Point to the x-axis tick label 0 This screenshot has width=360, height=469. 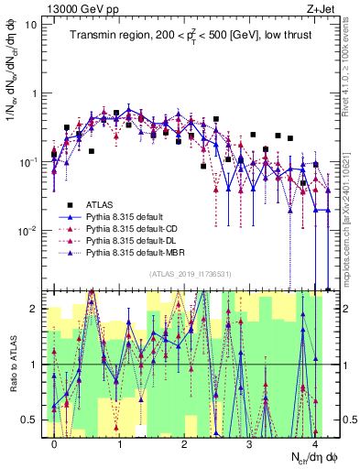tap(55, 442)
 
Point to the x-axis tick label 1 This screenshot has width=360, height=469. tap(120, 442)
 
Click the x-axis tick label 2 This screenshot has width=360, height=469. tap(185, 442)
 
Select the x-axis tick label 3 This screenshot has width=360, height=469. tap(250, 442)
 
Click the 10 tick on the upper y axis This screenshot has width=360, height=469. tap(32, 25)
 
